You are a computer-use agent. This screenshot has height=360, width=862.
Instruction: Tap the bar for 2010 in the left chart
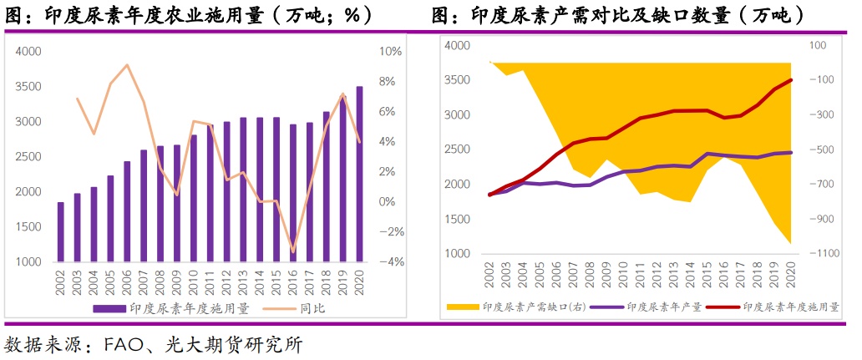(193, 198)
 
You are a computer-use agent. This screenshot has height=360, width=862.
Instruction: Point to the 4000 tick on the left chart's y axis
(28, 52)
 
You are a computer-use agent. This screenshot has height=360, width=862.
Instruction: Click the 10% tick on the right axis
(392, 52)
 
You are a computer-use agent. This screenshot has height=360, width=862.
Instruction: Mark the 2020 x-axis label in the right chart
(791, 276)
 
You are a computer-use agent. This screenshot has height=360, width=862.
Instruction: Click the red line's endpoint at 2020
(791, 80)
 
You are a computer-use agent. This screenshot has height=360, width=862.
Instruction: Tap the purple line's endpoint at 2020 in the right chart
(791, 152)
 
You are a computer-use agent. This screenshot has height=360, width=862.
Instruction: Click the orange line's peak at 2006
(127, 65)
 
